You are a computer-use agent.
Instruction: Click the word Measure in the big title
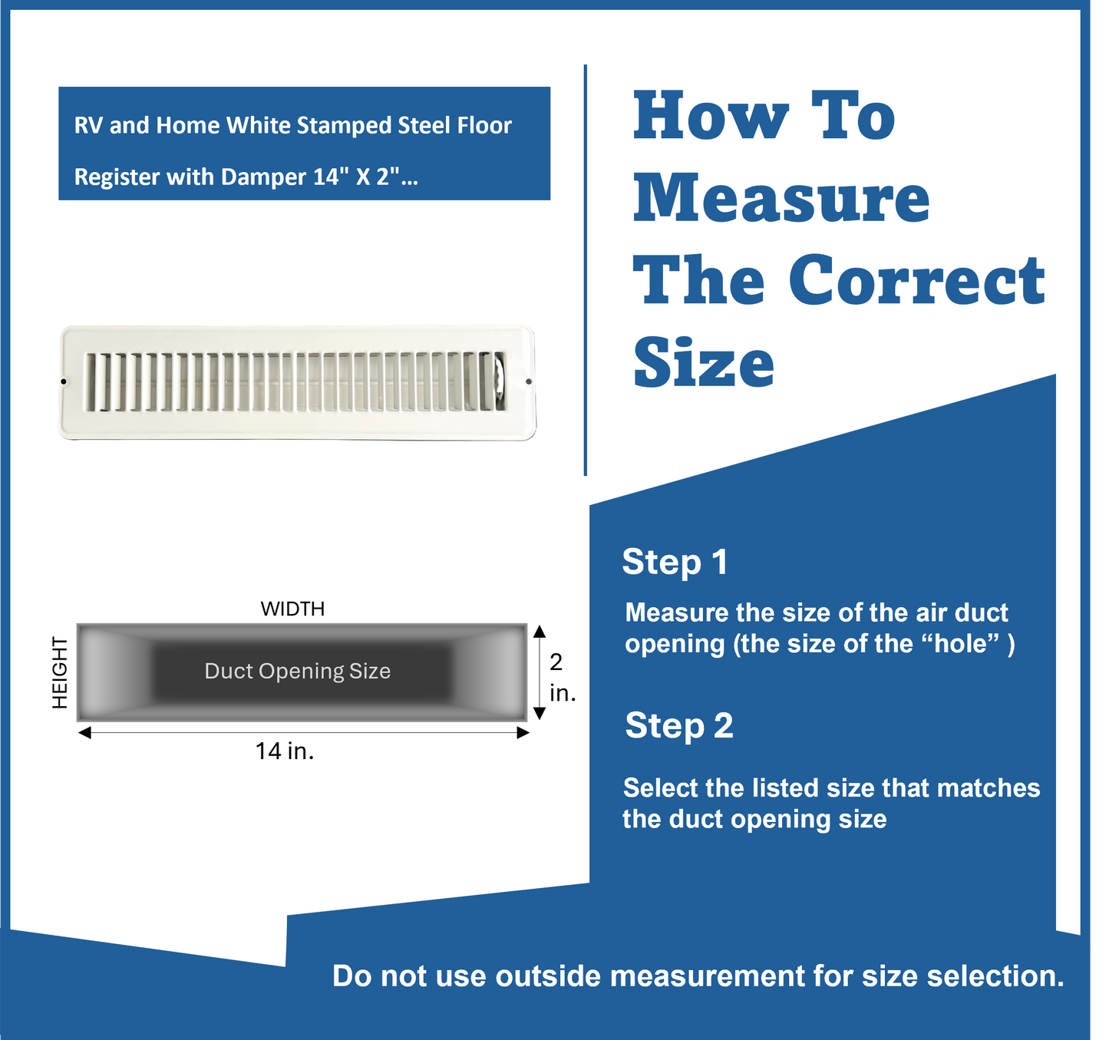781,198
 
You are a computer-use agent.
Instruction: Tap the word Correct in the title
916,280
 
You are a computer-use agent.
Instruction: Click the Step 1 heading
675,562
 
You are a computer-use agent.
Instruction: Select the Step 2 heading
679,725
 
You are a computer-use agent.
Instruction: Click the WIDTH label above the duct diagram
292,609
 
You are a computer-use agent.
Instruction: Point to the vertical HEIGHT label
60,672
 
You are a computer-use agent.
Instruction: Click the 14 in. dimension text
285,751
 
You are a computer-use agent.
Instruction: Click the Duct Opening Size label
297,671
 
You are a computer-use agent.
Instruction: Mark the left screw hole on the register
64,381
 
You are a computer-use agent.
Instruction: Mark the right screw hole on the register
529,381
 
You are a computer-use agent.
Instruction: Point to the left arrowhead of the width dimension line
84,733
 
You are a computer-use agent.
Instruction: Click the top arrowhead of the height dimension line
540,631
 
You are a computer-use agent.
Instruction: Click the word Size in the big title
704,363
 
